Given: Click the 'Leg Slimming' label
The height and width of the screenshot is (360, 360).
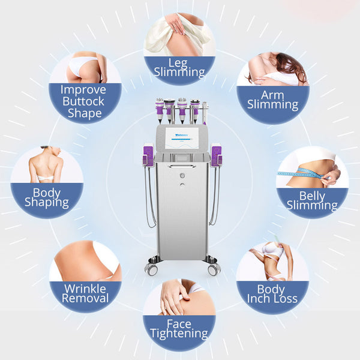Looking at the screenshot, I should tap(179, 67).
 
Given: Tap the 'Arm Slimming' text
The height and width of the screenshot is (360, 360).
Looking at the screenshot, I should tap(272, 100).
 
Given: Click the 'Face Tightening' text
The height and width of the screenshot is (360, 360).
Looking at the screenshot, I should tap(179, 329).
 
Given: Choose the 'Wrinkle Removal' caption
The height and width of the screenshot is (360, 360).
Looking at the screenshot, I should tap(86, 293).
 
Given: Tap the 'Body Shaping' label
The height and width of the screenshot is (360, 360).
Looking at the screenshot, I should tap(47, 198).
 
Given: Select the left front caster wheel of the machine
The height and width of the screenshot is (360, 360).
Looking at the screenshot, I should tap(152, 269).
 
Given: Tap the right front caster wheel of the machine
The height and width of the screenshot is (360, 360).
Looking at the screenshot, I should tap(214, 269).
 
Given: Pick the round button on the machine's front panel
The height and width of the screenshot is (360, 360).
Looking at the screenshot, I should tap(182, 176).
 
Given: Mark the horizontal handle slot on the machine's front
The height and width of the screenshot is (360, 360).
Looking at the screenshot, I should tap(182, 166).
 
